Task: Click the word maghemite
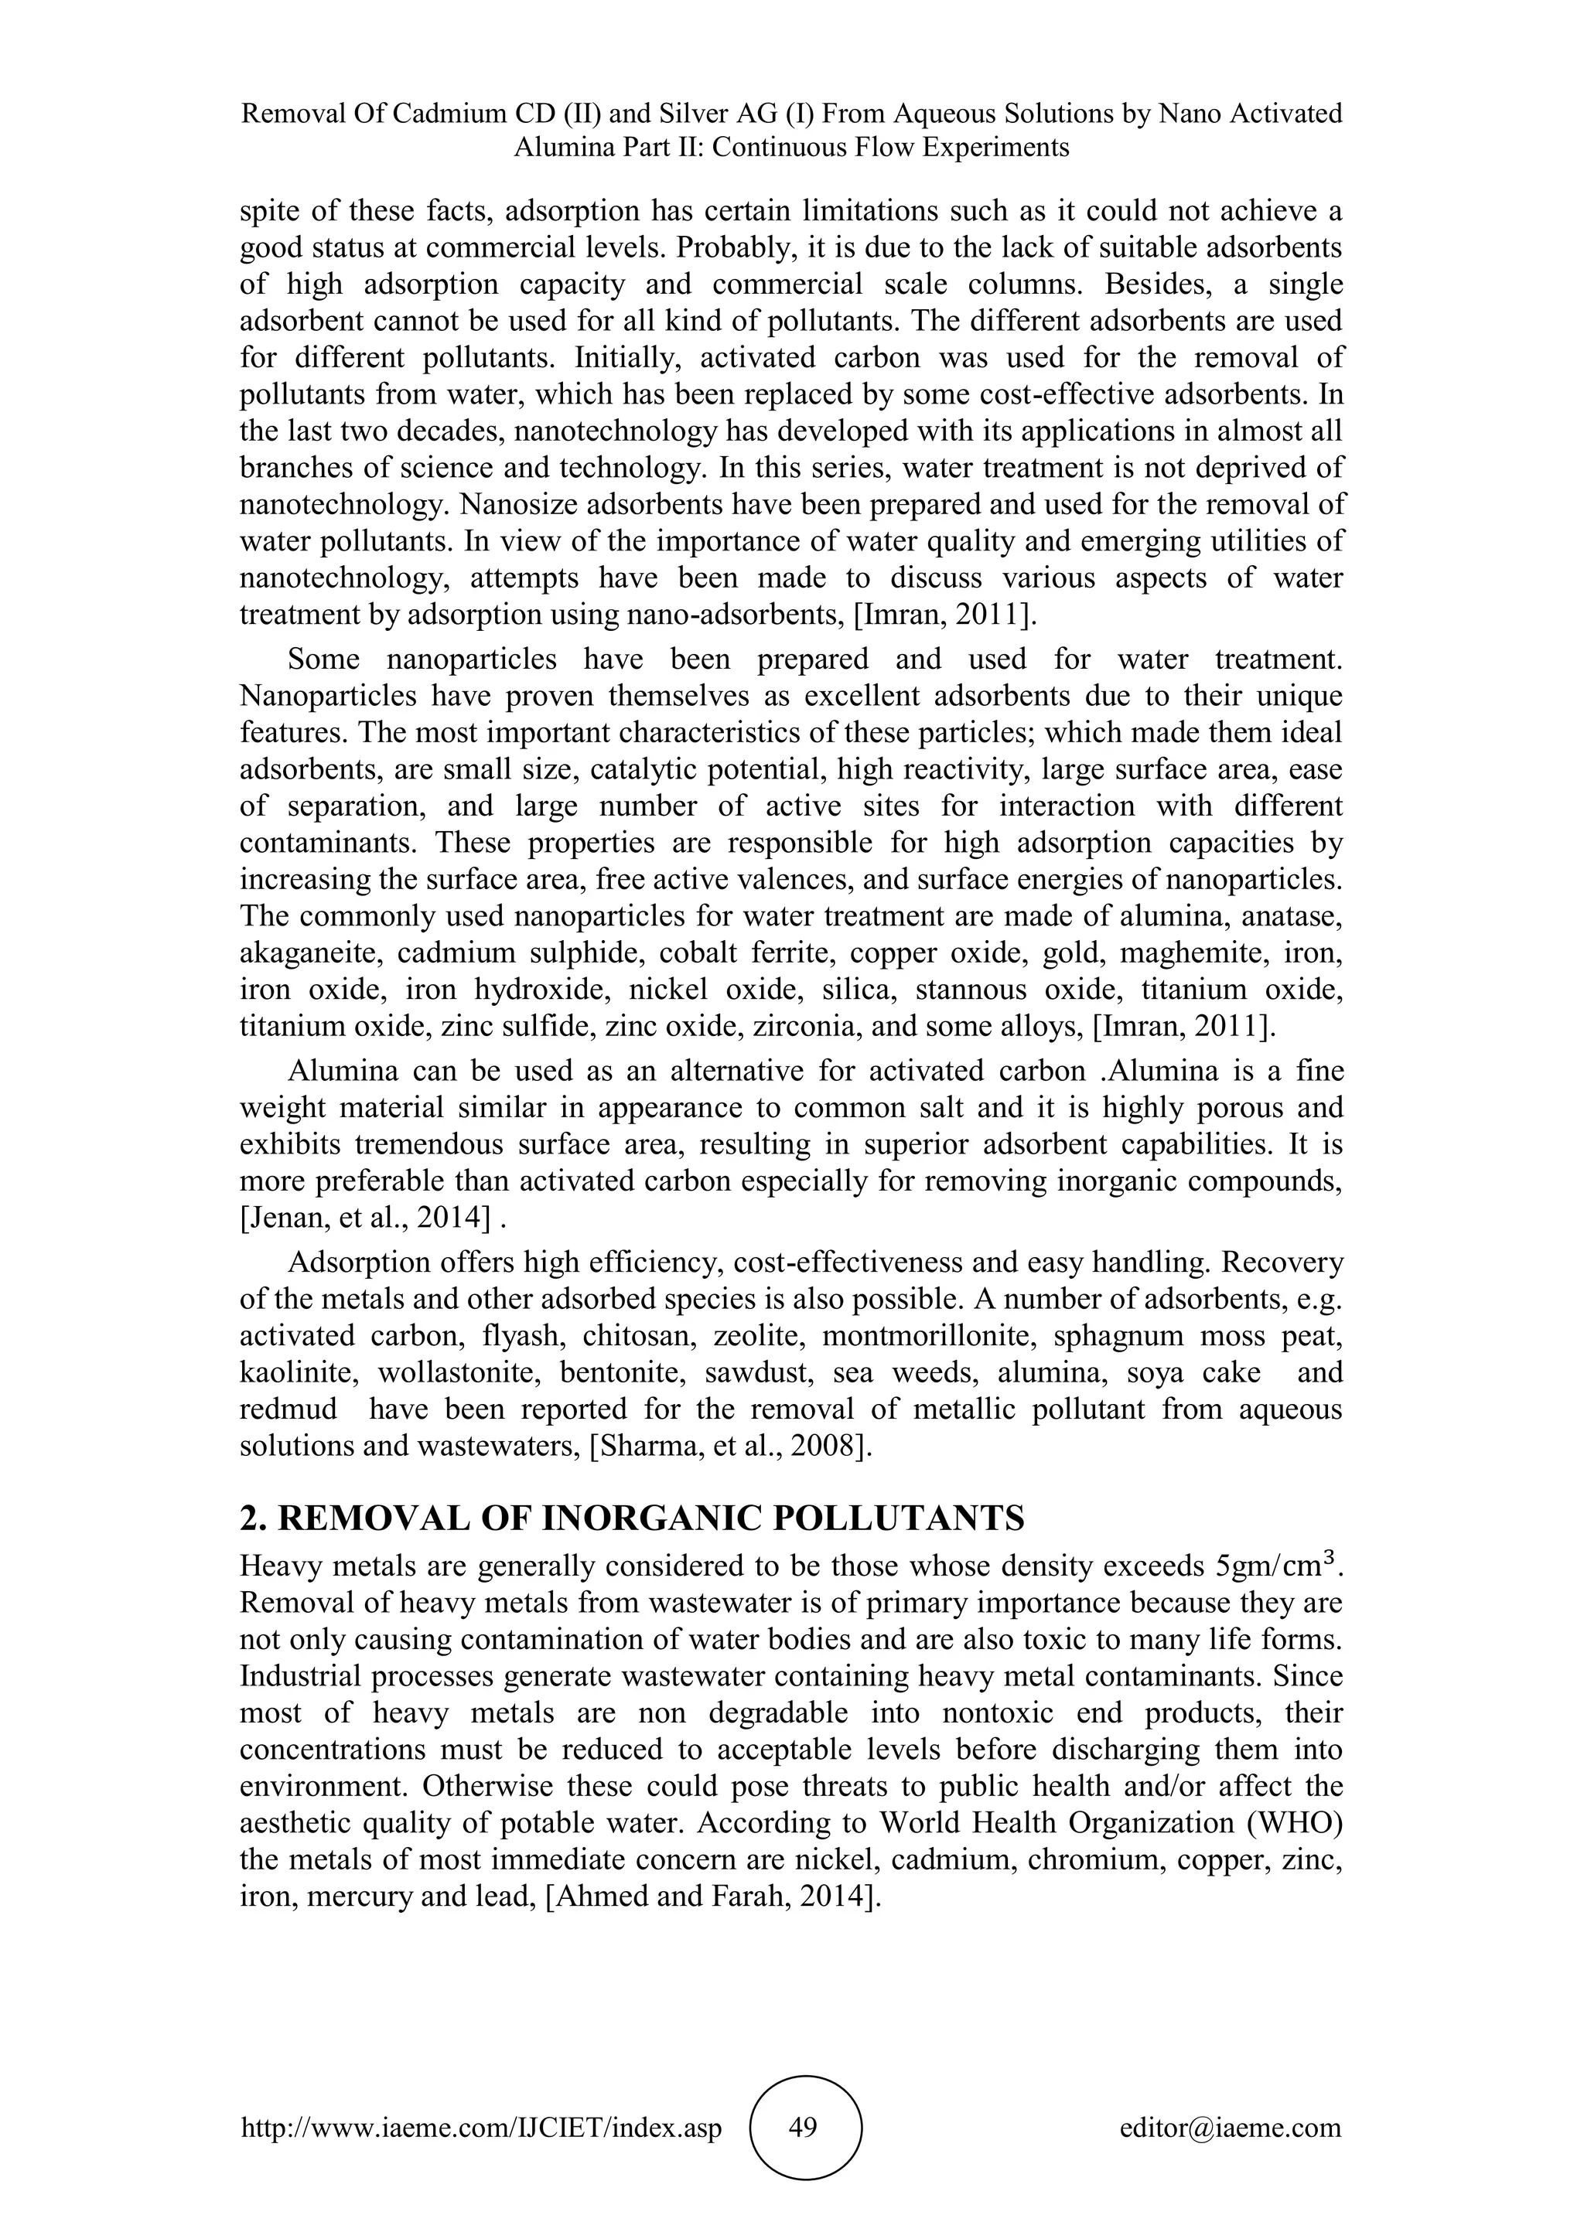pyautogui.click(x=1189, y=953)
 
